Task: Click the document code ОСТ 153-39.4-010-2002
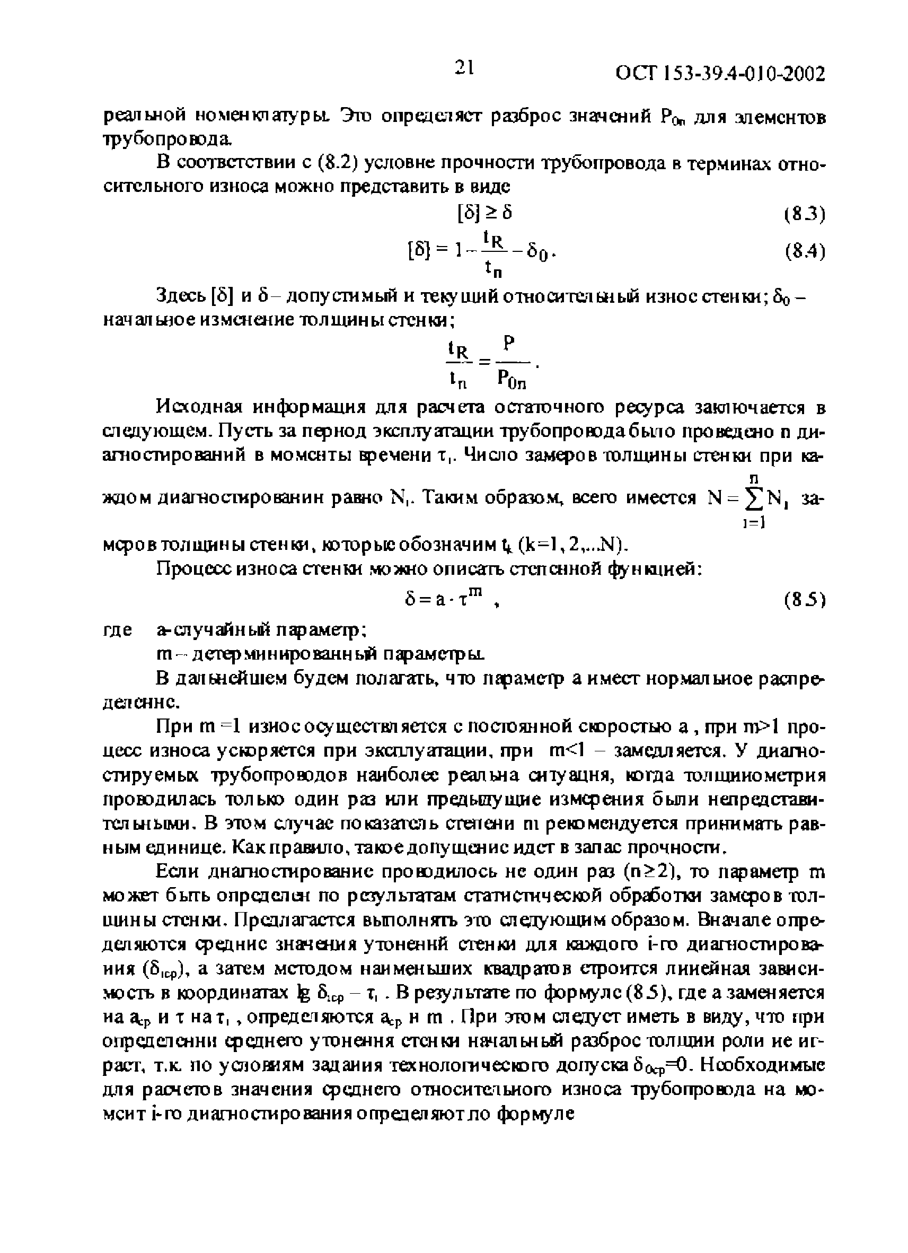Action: (720, 74)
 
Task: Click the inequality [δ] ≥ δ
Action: (485, 213)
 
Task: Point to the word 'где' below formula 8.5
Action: (118, 630)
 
